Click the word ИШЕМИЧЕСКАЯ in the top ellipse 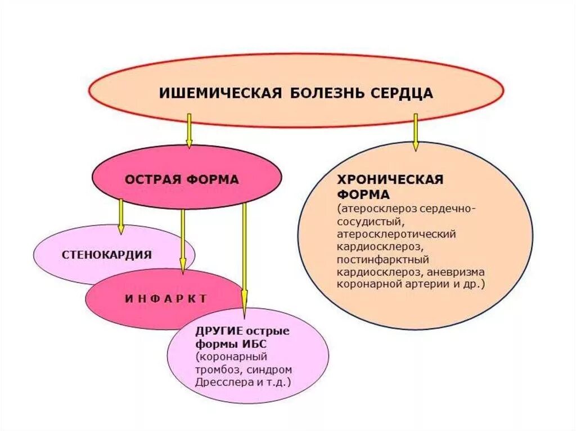pos(220,93)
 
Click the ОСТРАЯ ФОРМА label pos(182,180)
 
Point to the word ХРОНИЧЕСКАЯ pos(390,180)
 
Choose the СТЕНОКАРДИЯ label pos(107,255)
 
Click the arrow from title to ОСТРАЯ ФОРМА pos(189,130)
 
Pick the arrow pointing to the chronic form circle pos(416,132)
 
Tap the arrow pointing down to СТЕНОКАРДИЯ pos(121,217)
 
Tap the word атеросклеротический pos(397,233)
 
